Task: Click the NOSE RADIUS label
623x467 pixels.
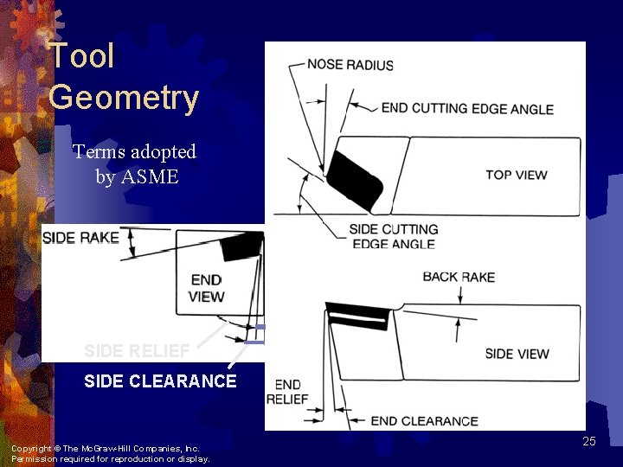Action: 350,65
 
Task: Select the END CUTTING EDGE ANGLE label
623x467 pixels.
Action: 467,109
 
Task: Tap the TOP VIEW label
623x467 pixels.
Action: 516,175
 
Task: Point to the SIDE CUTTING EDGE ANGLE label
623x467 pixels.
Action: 393,236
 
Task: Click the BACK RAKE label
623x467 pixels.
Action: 459,277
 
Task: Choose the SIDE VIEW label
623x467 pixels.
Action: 517,354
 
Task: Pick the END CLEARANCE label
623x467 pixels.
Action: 424,421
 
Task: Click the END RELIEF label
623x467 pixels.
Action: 287,392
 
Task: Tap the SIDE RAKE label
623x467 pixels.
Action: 80,238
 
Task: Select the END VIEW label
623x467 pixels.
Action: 206,288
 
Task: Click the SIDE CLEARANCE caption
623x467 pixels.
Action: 160,381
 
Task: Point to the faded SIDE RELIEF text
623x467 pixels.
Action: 137,351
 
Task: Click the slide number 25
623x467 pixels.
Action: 589,442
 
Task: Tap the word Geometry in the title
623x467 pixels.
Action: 124,98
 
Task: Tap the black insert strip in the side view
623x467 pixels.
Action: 356,316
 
